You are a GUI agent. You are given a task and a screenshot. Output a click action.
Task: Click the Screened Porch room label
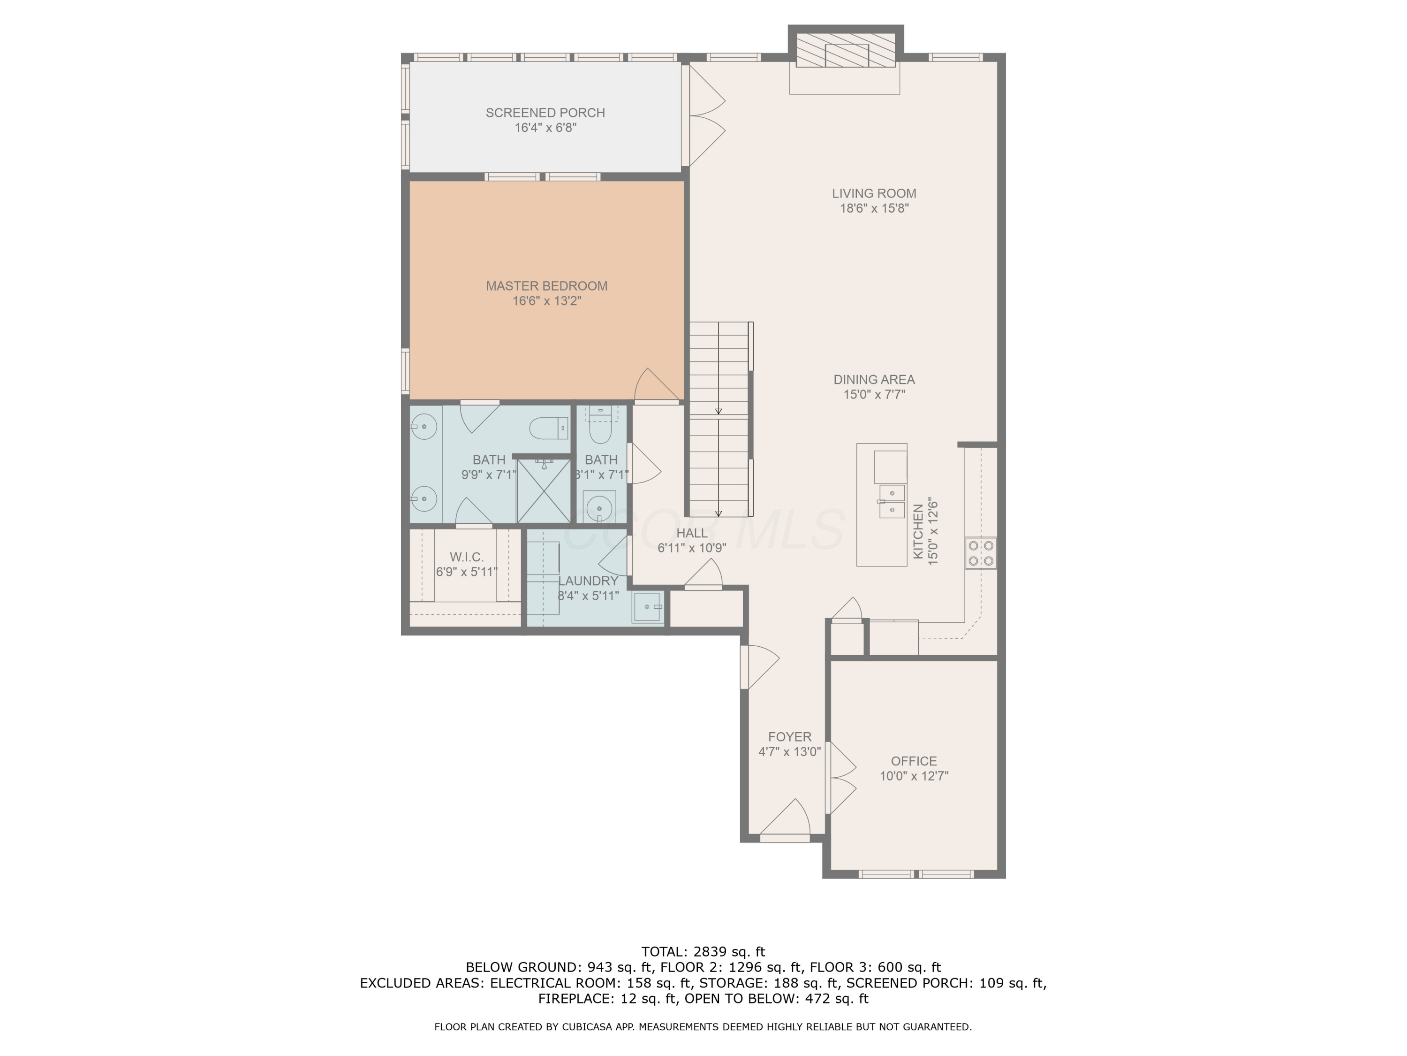545,113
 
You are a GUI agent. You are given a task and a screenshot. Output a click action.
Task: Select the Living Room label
874,193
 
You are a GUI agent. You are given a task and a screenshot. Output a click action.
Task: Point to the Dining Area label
874,379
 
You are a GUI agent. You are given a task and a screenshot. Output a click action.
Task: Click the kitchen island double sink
891,501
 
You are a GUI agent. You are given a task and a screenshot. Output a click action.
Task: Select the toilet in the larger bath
548,428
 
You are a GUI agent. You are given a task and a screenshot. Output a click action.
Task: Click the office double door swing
841,778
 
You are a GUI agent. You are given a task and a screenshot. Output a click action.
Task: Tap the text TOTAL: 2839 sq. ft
703,952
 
